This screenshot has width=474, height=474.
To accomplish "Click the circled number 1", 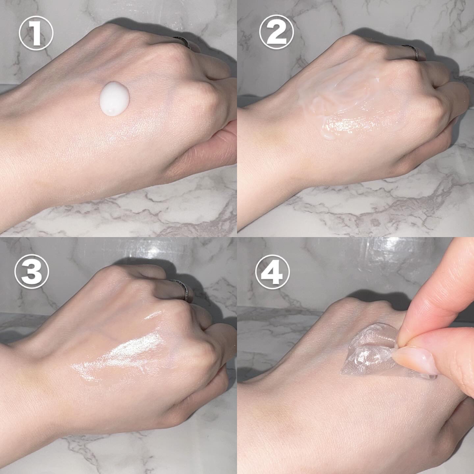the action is [36, 36].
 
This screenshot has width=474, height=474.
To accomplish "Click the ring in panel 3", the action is [181, 290].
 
